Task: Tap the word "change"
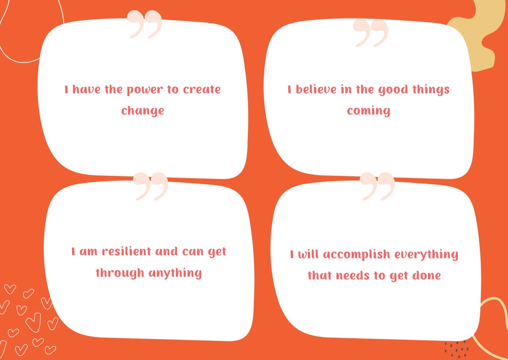coord(143,111)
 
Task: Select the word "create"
coord(201,89)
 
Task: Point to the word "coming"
coord(369,111)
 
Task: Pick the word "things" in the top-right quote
coord(431,89)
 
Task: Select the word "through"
coord(120,273)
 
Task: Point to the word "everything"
coord(426,255)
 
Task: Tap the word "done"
coord(425,276)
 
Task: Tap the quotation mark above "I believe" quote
coord(371,32)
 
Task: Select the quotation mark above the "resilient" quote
coord(151,186)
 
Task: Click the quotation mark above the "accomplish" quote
coord(378,186)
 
